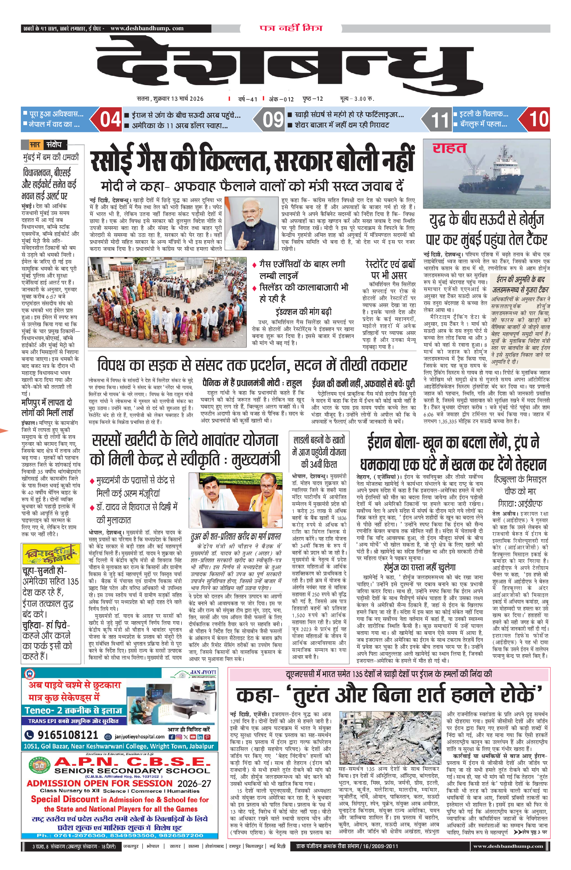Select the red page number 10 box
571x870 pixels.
tap(538, 120)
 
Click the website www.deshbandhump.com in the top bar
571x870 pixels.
tap(147, 29)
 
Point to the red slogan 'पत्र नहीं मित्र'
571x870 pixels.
tap(291, 28)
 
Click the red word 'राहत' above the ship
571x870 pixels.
tap(449, 148)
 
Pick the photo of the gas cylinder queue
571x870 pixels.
tap(167, 302)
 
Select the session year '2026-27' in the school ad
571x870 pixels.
tap(194, 783)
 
